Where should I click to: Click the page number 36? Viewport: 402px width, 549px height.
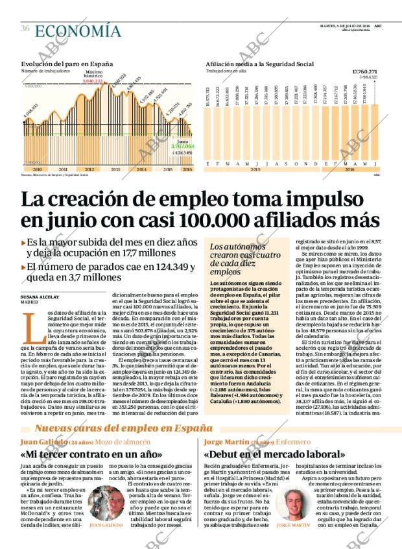pyautogui.click(x=25, y=29)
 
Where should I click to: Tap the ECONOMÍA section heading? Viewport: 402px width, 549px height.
pyautogui.click(x=78, y=31)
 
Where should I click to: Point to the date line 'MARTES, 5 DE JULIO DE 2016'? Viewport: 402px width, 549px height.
pyautogui.click(x=344, y=25)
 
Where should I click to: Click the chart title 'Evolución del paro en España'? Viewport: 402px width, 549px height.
pyautogui.click(x=67, y=64)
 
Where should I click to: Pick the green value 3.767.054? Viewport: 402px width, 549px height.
pyautogui.click(x=183, y=147)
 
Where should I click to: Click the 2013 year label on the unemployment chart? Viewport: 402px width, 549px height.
pyautogui.click(x=115, y=169)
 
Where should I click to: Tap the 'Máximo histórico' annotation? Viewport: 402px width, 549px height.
pyautogui.click(x=93, y=73)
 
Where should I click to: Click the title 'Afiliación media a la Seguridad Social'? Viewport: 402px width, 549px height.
pyautogui.click(x=259, y=64)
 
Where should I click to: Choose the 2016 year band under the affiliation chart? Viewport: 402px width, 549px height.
pyautogui.click(x=349, y=169)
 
